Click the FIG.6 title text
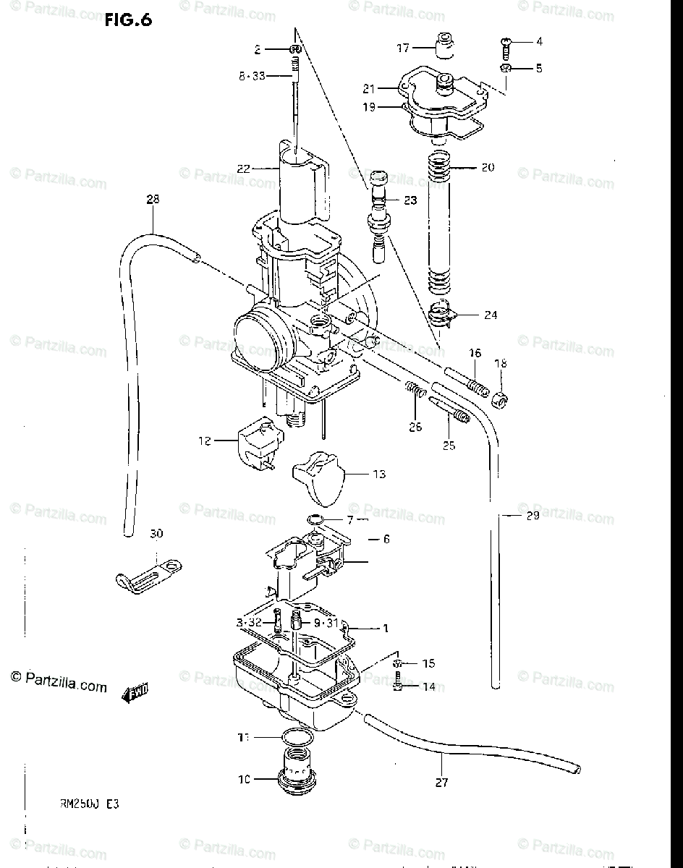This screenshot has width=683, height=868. pos(128,20)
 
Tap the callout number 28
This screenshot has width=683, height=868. pos(152,199)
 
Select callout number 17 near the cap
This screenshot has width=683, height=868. pos(403,48)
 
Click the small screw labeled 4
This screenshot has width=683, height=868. pos(505,47)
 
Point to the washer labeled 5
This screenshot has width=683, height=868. pos(506,69)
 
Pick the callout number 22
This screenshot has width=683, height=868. pos(242,169)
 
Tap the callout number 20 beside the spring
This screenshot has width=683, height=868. pos(488,167)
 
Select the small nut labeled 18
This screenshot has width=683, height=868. pos(500,399)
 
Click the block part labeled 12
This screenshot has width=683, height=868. pos(257,443)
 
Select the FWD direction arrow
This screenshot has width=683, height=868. pos(135,692)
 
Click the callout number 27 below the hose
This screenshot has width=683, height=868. pos(442,782)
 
